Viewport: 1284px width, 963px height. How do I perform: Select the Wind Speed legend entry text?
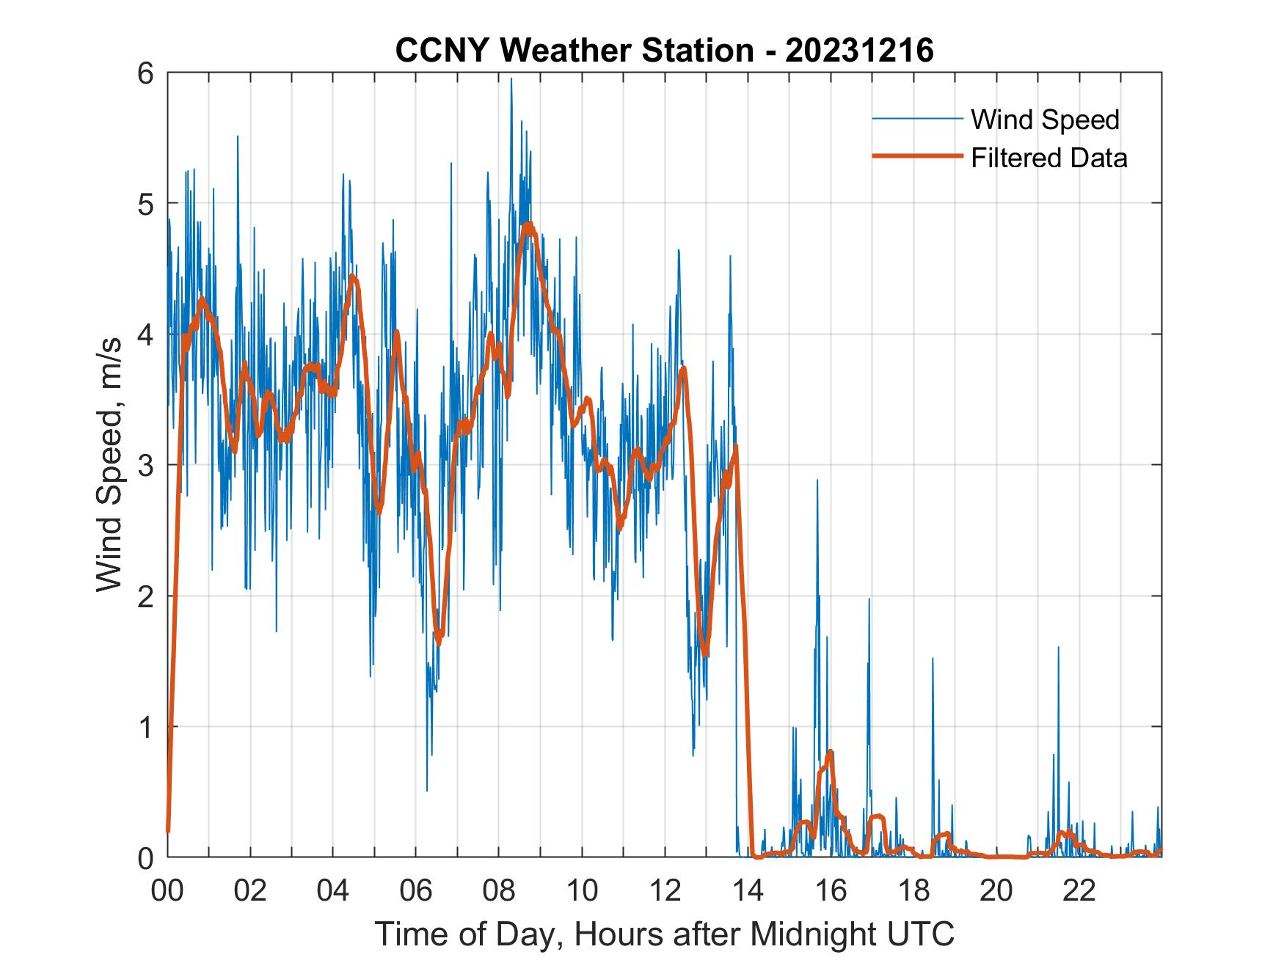point(1045,120)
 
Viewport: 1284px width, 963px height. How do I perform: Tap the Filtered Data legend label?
point(1048,158)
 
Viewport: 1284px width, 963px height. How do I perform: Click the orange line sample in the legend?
point(916,156)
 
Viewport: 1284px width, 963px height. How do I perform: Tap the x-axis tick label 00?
point(167,891)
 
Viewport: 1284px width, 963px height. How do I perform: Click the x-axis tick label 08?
point(499,891)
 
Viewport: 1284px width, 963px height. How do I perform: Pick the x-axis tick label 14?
point(748,891)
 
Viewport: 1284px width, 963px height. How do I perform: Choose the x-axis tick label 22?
point(1079,891)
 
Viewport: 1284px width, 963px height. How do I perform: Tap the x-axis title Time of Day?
point(665,934)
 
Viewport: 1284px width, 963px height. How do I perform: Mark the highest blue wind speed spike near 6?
point(511,79)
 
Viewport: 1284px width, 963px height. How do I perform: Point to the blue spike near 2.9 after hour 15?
point(817,480)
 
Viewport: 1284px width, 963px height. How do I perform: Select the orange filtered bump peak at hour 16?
point(830,751)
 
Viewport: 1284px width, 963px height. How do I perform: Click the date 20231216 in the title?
point(859,51)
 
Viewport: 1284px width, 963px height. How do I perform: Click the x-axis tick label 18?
point(913,891)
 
